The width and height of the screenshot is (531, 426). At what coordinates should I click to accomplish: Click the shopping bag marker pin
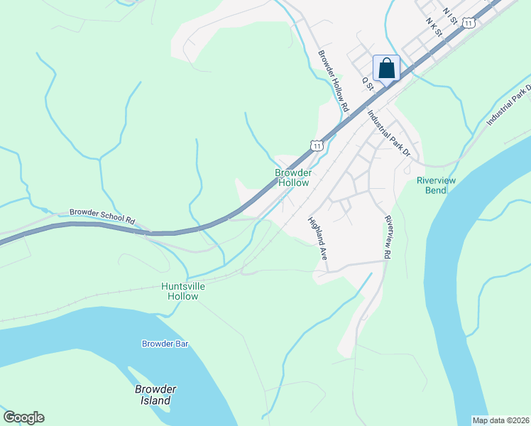(386, 68)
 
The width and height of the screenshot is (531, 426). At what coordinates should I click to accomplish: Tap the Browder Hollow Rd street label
(334, 82)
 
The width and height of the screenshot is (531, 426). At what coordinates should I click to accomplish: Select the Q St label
(368, 83)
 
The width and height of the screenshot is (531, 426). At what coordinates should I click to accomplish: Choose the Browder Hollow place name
(293, 177)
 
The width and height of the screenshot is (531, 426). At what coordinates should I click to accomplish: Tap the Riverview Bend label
(436, 185)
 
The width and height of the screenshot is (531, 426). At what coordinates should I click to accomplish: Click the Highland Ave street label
(317, 237)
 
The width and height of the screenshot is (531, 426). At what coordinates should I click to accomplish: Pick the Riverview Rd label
(388, 237)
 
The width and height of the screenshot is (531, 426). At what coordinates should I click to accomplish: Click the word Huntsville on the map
(183, 286)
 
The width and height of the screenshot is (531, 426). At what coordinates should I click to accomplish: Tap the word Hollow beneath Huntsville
(183, 296)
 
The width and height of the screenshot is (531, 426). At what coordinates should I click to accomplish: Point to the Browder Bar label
(165, 344)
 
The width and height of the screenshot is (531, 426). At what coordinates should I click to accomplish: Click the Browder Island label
(155, 395)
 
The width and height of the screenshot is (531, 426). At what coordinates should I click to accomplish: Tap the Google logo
(23, 417)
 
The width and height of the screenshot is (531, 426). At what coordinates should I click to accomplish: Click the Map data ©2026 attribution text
(500, 420)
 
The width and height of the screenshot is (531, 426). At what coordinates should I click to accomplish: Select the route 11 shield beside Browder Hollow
(317, 145)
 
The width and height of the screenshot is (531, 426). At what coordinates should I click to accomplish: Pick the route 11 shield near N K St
(468, 23)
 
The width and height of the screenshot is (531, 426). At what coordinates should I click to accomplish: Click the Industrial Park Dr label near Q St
(389, 131)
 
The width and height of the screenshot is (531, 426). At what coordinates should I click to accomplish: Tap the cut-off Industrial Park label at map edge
(508, 106)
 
